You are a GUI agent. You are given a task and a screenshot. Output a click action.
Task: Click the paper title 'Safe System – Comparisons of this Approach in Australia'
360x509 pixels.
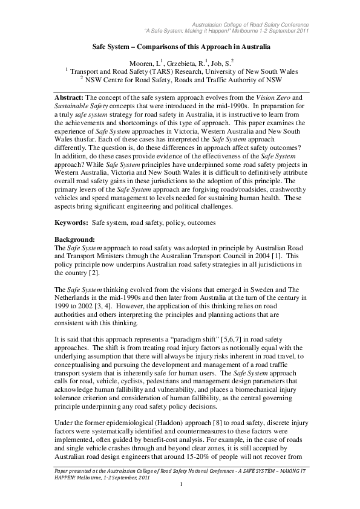(x=180, y=45)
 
